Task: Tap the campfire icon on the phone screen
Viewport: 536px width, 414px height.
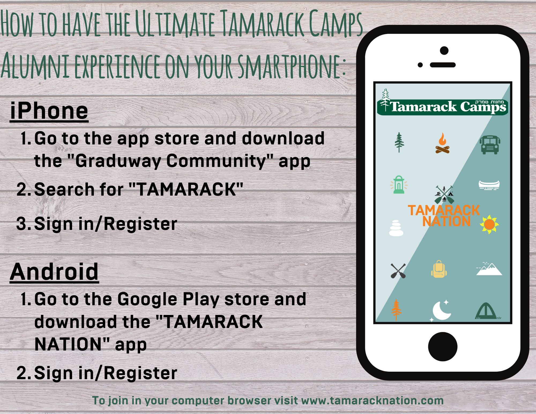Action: coord(442,143)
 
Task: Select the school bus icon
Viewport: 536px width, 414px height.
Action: coord(490,145)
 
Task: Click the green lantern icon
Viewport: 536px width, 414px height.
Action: coord(399,185)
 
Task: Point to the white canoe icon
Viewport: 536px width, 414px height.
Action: coord(489,185)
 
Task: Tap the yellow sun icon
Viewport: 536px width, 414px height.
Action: coord(489,224)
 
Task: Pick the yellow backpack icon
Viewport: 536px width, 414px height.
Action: coord(439,269)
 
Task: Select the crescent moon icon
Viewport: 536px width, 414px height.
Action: coord(441,311)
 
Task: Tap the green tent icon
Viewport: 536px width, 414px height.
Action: coord(486,311)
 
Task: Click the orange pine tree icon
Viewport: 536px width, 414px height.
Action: coord(396,310)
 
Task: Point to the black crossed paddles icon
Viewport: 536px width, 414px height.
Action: coord(398,271)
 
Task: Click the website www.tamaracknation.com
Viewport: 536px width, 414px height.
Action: coord(372,400)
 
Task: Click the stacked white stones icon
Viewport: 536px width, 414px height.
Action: coord(396,228)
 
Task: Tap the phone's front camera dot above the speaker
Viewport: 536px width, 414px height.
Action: coord(444,50)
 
